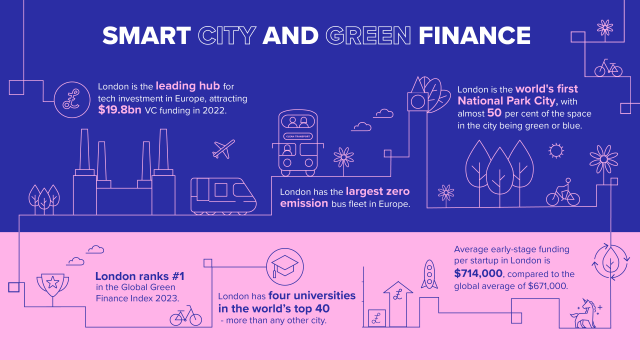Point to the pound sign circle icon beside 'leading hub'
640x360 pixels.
click(x=71, y=98)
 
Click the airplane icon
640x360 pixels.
click(x=225, y=151)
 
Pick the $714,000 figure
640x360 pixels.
click(x=480, y=273)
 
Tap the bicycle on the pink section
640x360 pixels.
click(x=185, y=317)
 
